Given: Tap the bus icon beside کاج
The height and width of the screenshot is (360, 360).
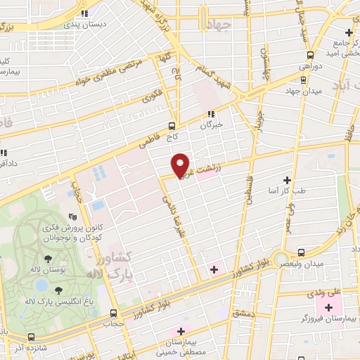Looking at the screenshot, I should [x=172, y=127].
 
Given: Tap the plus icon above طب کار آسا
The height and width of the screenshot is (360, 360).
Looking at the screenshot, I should [x=286, y=180].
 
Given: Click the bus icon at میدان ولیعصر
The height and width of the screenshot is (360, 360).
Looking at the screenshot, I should [x=301, y=252].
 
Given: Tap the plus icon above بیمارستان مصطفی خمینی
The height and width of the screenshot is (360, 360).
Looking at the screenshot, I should [x=181, y=331].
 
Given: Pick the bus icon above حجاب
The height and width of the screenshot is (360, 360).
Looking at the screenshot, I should [x=114, y=314].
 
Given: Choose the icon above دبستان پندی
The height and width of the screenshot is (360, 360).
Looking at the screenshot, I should [x=84, y=13].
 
